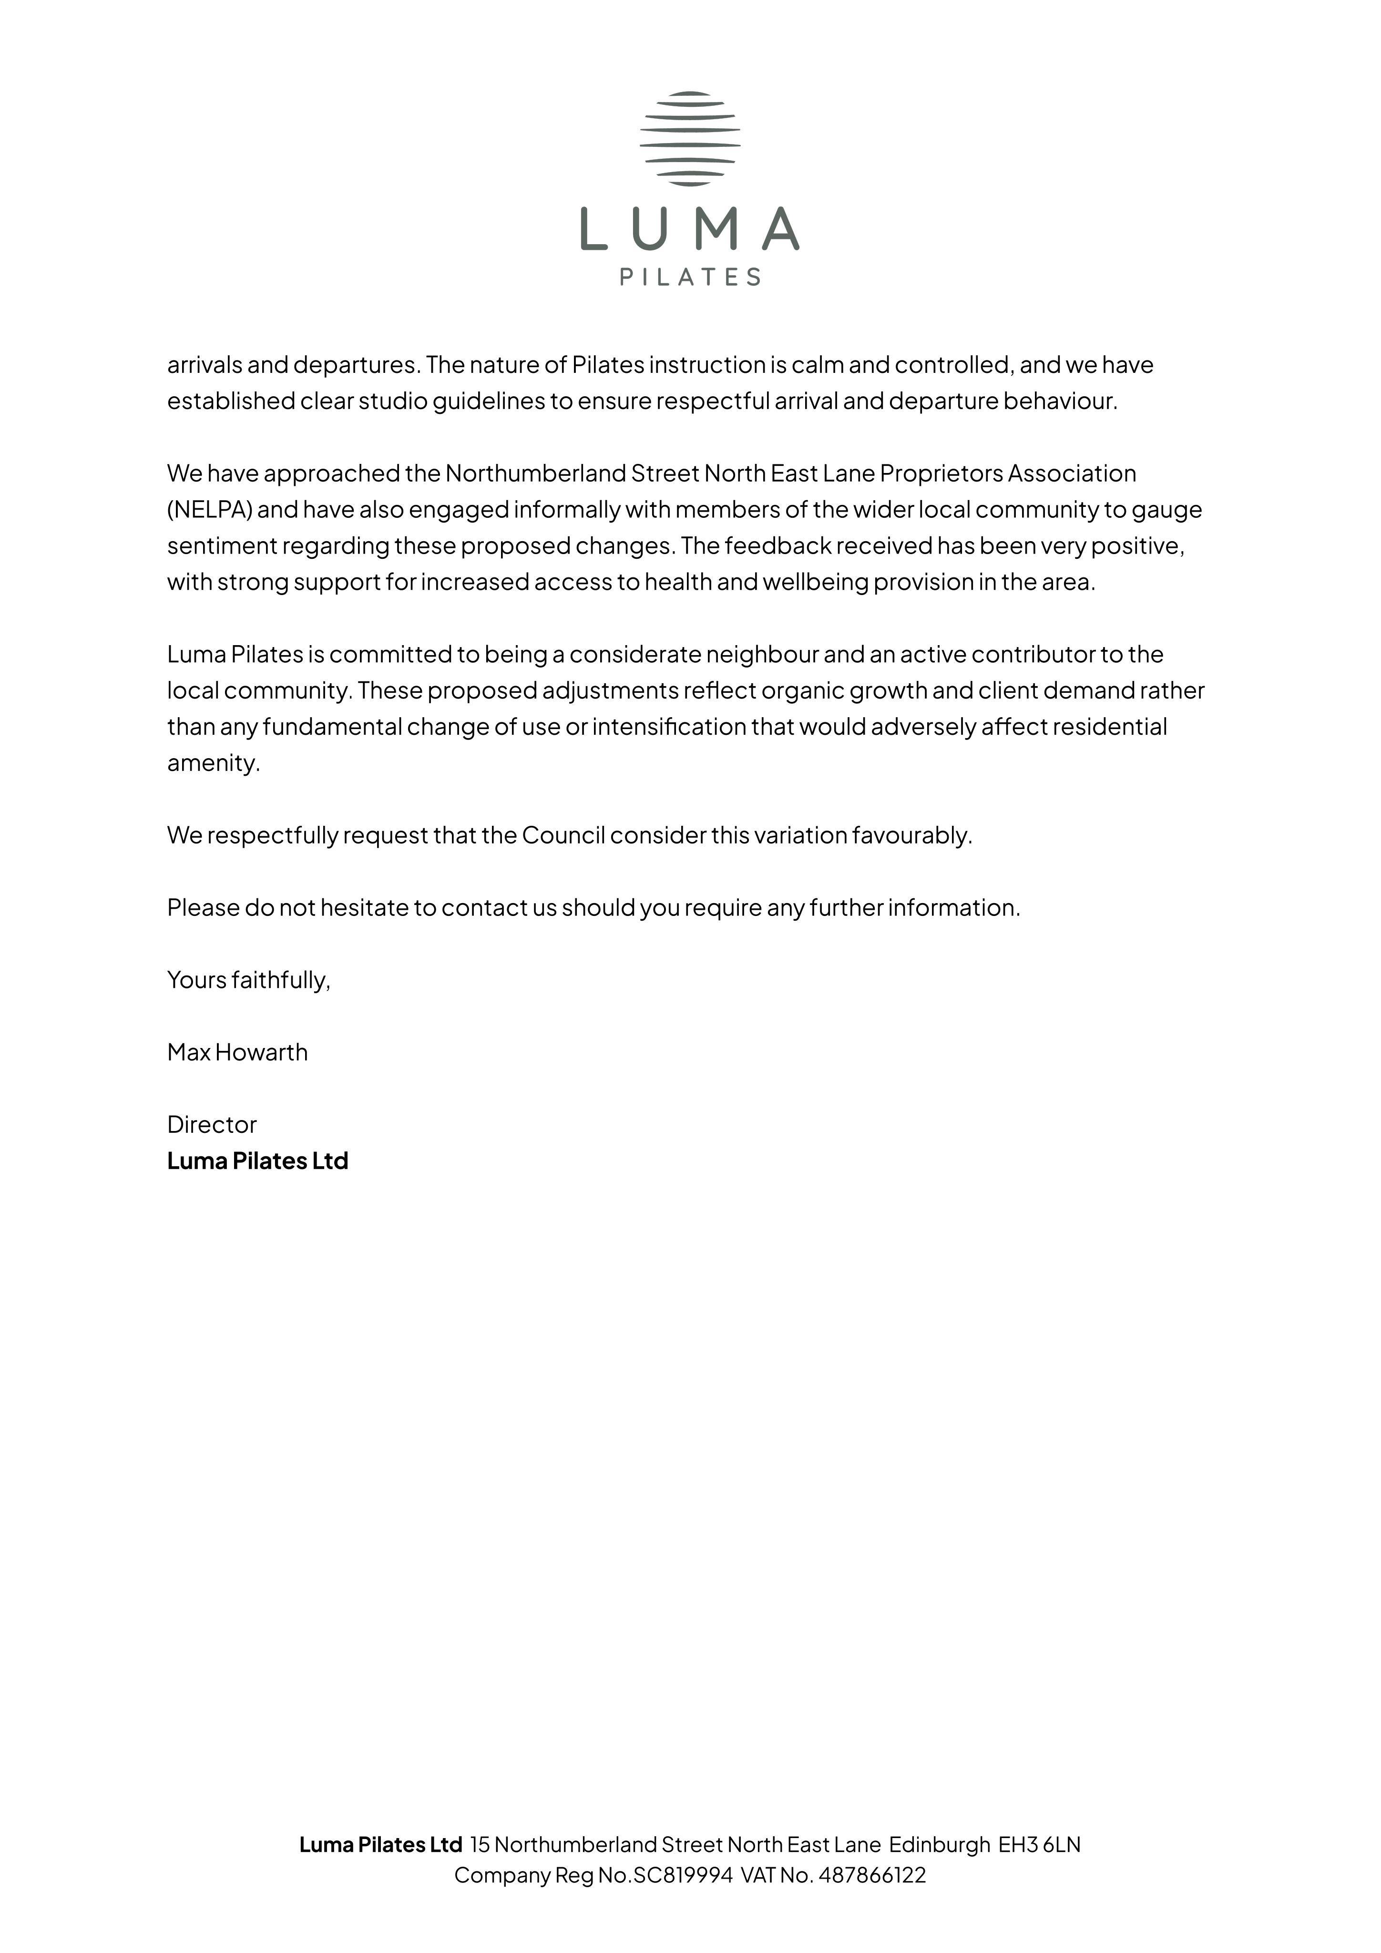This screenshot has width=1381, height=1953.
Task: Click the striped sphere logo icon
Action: [x=690, y=139]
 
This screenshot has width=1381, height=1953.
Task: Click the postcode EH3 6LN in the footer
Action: [x=1039, y=1844]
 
